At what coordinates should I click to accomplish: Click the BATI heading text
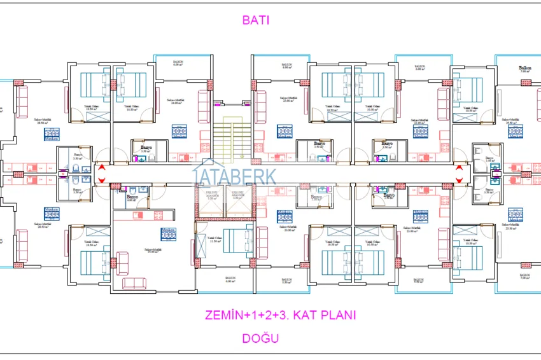(x=256, y=20)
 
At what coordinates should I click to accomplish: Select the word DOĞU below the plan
(x=260, y=338)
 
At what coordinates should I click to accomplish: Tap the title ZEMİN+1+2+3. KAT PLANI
(x=279, y=315)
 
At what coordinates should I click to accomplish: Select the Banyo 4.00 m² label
(x=132, y=198)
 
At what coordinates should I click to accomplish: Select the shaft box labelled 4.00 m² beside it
(x=237, y=196)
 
